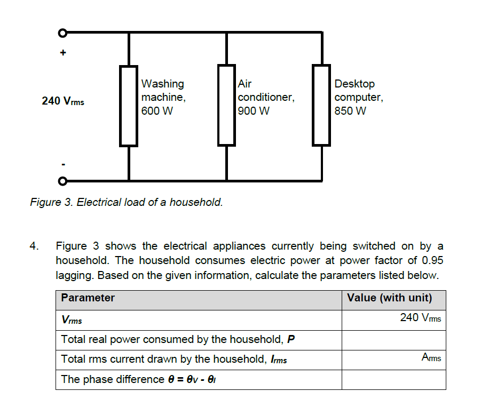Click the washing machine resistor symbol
pos(128,106)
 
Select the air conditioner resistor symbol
pos(226,105)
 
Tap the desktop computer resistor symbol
pos(321,105)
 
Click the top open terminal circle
pos(62,33)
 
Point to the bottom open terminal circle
pos(62,181)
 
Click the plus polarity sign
pos(63,53)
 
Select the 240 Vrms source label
pos(62,101)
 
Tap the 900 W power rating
pos(254,111)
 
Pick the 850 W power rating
pos(350,111)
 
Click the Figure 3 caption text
pos(127,203)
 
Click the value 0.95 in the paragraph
pos(432,261)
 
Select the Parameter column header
pos(88,298)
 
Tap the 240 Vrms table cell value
pos(420,318)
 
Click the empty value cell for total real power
pos(393,340)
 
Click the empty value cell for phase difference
pos(393,380)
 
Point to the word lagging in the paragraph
pos(75,275)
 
